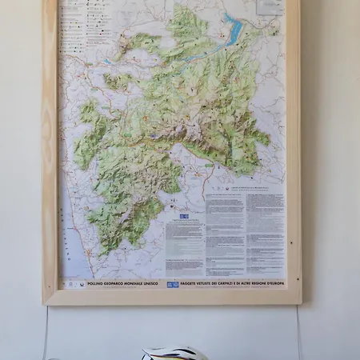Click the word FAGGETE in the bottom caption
(190, 284)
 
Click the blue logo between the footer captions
(172, 284)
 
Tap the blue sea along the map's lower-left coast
(72, 240)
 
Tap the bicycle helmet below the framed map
(174, 353)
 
